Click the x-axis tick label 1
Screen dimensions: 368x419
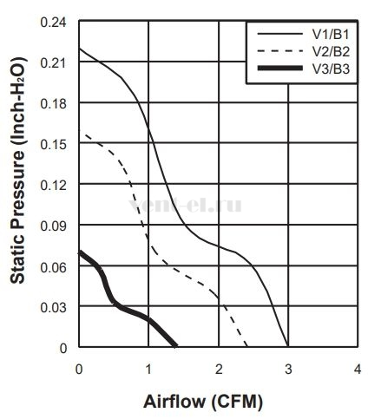(148, 370)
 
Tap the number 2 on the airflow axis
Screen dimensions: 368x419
(219, 370)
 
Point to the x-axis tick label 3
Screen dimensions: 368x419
(288, 370)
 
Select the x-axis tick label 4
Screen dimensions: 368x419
(358, 370)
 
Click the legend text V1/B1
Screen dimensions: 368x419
(331, 35)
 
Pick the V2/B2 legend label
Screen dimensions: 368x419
(331, 51)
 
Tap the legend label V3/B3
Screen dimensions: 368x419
(331, 69)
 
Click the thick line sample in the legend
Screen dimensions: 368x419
(280, 69)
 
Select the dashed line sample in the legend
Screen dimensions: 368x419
(280, 51)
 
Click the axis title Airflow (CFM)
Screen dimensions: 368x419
(203, 402)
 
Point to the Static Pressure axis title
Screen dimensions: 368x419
(18, 171)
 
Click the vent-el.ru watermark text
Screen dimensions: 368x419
(185, 205)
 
